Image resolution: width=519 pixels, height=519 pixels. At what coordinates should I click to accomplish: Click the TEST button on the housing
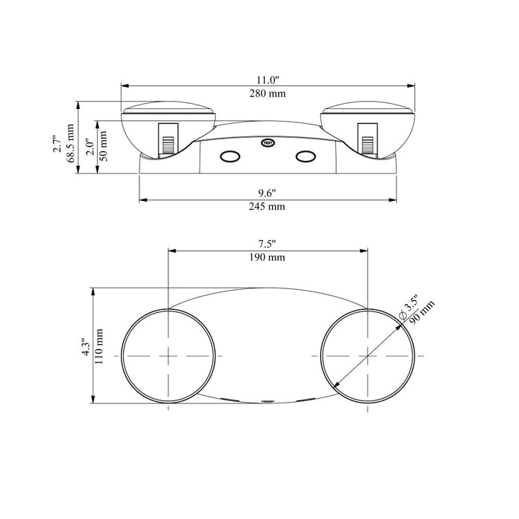coord(268,143)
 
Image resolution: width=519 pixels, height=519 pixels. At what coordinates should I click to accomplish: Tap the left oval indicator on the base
coord(230,156)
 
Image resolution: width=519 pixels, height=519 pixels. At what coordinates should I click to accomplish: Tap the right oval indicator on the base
coord(305,156)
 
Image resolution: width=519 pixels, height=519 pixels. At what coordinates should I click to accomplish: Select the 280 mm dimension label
coord(268,93)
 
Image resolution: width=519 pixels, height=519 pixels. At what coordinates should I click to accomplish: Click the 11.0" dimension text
coord(268,80)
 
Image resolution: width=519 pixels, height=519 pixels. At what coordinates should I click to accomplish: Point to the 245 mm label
coord(267,207)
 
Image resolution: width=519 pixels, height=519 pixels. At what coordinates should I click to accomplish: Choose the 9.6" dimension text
coord(267,193)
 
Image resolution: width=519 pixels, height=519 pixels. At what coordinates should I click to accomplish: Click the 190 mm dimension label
coord(267,257)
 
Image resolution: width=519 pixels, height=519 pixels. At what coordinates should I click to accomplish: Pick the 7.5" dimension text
coord(267,244)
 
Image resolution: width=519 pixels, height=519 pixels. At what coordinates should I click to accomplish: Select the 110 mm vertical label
coord(99,346)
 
